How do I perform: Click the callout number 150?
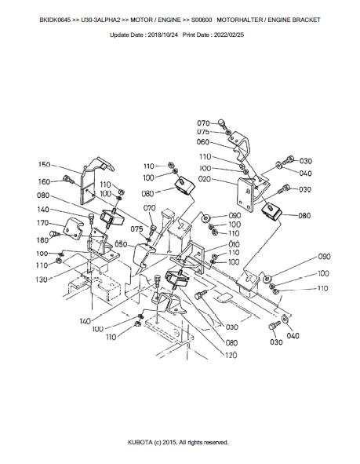[x=45, y=165]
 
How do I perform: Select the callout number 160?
[x=45, y=181]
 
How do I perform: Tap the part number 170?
[x=42, y=223]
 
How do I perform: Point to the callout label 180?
[x=42, y=240]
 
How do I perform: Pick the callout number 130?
[x=42, y=279]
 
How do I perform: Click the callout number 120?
[x=231, y=355]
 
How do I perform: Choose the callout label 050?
[x=121, y=244]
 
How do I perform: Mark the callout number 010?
[x=234, y=244]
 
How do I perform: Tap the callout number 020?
[x=205, y=179]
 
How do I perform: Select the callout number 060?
[x=203, y=142]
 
